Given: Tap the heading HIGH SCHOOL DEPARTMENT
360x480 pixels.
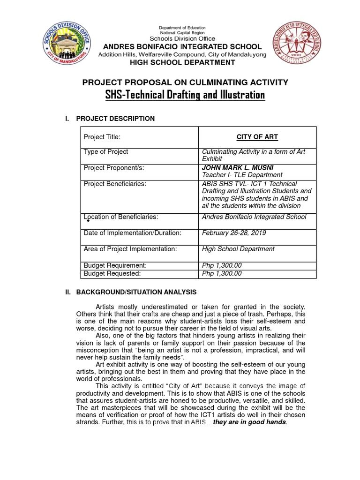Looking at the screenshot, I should (x=182, y=62).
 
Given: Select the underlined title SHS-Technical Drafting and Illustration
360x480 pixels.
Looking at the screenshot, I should (x=185, y=95).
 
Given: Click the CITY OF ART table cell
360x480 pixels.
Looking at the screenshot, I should (x=257, y=137).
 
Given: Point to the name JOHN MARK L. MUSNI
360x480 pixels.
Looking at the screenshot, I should (x=238, y=168).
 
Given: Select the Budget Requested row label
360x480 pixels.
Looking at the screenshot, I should (x=112, y=273).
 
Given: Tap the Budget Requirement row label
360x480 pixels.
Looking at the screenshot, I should (x=115, y=265).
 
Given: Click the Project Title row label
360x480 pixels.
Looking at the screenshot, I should (x=102, y=137).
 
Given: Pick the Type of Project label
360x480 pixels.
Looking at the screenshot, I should (x=105, y=151).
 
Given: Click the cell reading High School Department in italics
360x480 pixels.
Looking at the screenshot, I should (x=238, y=249).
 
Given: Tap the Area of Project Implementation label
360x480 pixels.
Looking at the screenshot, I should (x=130, y=249).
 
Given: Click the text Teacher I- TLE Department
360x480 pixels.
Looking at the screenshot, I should (x=242, y=175).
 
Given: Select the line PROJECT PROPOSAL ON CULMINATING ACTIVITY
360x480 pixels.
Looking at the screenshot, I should (x=185, y=82).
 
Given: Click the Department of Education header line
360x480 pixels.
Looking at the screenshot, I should (x=182, y=28).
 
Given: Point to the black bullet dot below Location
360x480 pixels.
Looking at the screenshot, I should (x=88, y=220).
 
